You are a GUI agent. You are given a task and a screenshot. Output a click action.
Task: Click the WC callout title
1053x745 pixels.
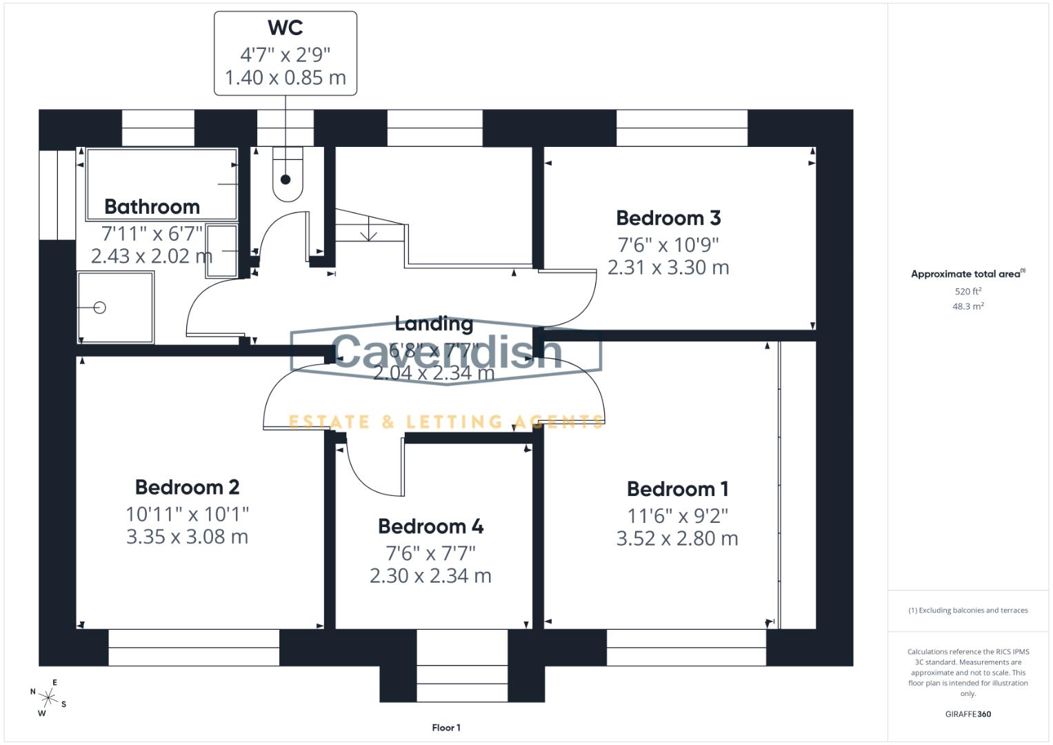point(285,28)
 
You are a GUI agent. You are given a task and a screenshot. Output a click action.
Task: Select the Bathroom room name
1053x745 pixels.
point(152,207)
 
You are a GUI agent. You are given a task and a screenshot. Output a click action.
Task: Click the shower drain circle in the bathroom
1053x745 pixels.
point(99,308)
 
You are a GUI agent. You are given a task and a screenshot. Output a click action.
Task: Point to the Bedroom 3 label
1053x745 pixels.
point(668,218)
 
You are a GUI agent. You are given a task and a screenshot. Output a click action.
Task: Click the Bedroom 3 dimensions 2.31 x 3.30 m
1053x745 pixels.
point(668,268)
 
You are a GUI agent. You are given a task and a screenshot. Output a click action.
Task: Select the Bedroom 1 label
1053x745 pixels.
point(677,489)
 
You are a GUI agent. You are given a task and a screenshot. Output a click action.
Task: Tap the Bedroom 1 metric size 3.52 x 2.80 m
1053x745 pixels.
point(677,539)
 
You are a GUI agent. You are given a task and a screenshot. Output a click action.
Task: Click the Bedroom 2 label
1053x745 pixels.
point(187,487)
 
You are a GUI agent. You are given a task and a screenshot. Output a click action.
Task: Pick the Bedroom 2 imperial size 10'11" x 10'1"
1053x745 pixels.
point(187,514)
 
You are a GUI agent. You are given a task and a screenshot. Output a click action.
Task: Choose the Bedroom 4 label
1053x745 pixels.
point(430,526)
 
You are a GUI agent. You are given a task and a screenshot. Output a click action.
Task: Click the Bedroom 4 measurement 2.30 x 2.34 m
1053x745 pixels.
point(430,576)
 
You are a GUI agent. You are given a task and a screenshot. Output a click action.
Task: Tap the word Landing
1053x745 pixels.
point(434,324)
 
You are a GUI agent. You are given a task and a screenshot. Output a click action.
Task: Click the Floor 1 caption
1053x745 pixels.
point(446,728)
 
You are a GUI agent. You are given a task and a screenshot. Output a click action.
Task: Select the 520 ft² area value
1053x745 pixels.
point(967,292)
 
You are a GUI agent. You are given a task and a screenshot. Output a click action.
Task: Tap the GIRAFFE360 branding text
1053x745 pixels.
point(967,714)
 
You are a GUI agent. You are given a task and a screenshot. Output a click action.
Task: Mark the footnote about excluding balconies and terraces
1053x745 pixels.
point(967,610)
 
